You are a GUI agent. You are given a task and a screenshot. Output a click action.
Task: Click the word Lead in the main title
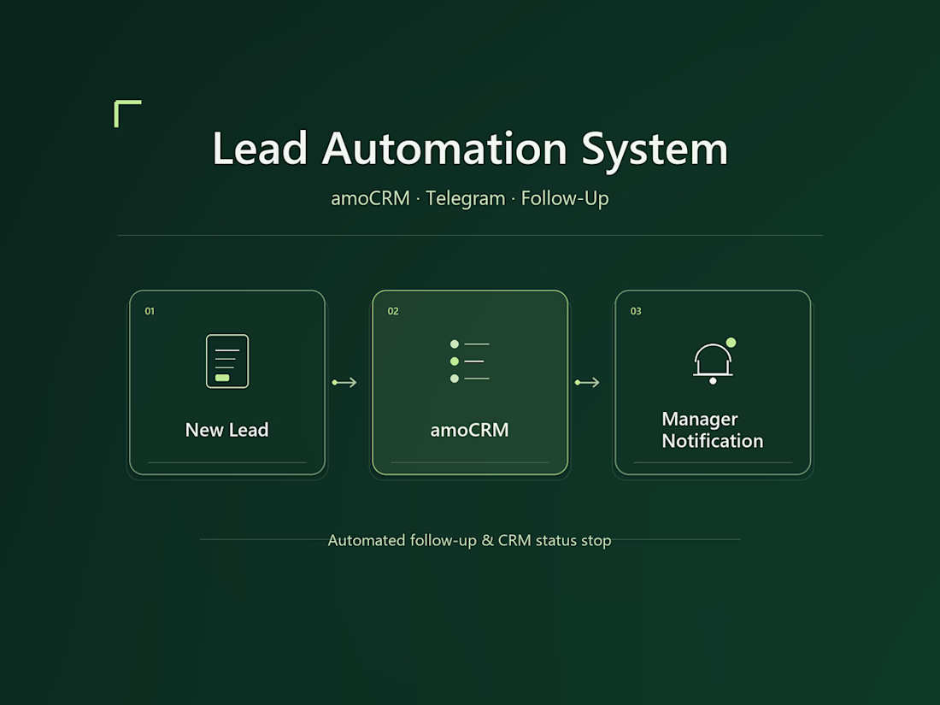coord(260,148)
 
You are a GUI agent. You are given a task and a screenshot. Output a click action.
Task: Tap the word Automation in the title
coord(444,148)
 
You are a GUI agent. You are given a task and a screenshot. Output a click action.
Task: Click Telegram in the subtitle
coord(465,198)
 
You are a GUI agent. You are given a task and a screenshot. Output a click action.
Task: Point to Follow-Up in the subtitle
coord(565,198)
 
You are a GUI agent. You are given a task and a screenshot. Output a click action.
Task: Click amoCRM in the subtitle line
coord(371,198)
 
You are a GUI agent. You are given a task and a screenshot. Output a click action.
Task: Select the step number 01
coord(150,311)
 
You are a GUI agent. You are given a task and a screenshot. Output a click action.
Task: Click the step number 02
coord(393,311)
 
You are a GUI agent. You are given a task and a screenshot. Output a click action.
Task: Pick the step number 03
coord(636,311)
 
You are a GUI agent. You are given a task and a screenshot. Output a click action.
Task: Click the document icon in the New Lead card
coord(227,361)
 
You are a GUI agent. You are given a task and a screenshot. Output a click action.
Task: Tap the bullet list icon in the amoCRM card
coord(469,361)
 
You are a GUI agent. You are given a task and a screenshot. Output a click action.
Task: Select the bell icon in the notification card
coord(713,361)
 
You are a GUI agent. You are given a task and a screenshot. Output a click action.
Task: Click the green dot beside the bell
coord(731,343)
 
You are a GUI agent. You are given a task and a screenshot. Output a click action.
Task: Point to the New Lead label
coord(227,430)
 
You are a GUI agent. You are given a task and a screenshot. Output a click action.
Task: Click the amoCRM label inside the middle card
coord(469,430)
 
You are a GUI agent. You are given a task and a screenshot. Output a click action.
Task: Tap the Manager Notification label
coord(712,430)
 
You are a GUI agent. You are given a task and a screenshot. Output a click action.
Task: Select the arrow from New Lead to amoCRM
coord(344,383)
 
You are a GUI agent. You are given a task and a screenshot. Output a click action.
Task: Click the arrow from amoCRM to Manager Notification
coord(587,383)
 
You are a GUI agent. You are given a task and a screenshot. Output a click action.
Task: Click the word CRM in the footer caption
coord(514,540)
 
